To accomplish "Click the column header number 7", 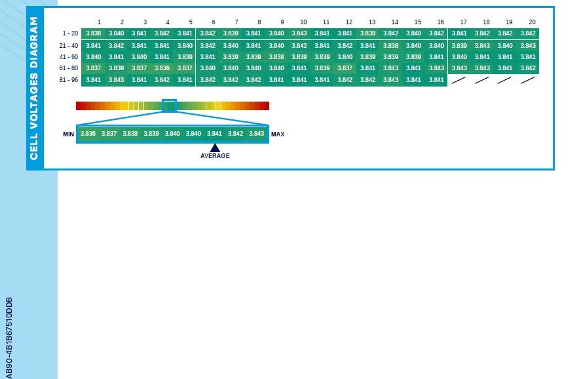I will click(236, 22).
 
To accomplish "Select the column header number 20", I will click(532, 22).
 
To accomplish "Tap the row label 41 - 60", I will click(68, 57).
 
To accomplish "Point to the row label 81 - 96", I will click(68, 80).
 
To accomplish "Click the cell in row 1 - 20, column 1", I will click(94, 33).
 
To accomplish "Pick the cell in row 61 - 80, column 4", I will click(162, 68).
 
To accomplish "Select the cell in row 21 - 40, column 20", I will click(528, 46).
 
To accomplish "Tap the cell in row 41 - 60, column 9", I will click(276, 57).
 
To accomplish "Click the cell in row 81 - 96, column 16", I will click(436, 80).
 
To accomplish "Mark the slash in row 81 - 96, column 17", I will click(459, 80).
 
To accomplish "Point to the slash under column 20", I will click(527, 80).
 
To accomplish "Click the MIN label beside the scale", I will click(69, 134).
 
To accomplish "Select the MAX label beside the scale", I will click(278, 134).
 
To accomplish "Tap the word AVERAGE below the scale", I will click(215, 156).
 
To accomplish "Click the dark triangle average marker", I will click(215, 148).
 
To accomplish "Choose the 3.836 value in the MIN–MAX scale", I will click(88, 134).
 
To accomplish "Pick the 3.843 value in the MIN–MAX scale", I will click(256, 134).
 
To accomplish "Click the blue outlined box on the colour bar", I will click(169, 106).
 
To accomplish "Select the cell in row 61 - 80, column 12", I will click(345, 68).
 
